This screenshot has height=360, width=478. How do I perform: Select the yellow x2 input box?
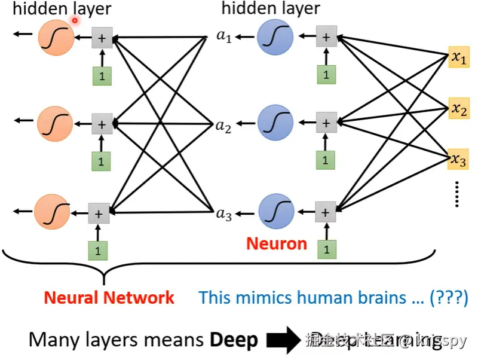pos(458,109)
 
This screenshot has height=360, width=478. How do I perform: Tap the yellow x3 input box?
pos(458,160)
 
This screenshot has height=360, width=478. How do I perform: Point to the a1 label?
pos(223,37)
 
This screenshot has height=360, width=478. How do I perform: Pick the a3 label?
pos(223,214)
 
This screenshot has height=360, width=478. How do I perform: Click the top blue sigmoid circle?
pos(275,37)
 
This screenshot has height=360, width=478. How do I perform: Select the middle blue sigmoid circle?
pos(275,123)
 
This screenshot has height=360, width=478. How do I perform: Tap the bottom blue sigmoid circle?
pos(275,211)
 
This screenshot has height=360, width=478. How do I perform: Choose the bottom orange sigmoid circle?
pos(52,213)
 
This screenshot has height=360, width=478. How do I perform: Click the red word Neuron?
pos(277,243)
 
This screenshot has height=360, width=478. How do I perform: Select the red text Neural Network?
pos(109,297)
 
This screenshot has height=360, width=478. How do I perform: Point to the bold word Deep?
pos(234,340)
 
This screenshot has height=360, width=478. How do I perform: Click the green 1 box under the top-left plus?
pos(102,76)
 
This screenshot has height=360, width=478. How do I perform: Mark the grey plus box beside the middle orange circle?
pos(102,124)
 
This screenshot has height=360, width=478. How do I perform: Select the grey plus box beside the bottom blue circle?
pos(325,212)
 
